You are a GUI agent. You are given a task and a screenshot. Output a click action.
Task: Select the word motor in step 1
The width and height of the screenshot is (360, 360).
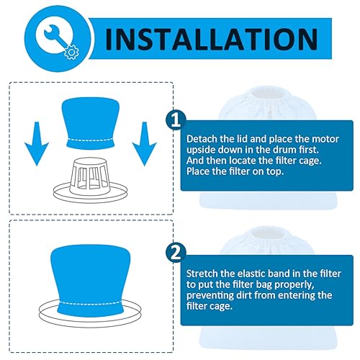[x=310, y=137]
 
